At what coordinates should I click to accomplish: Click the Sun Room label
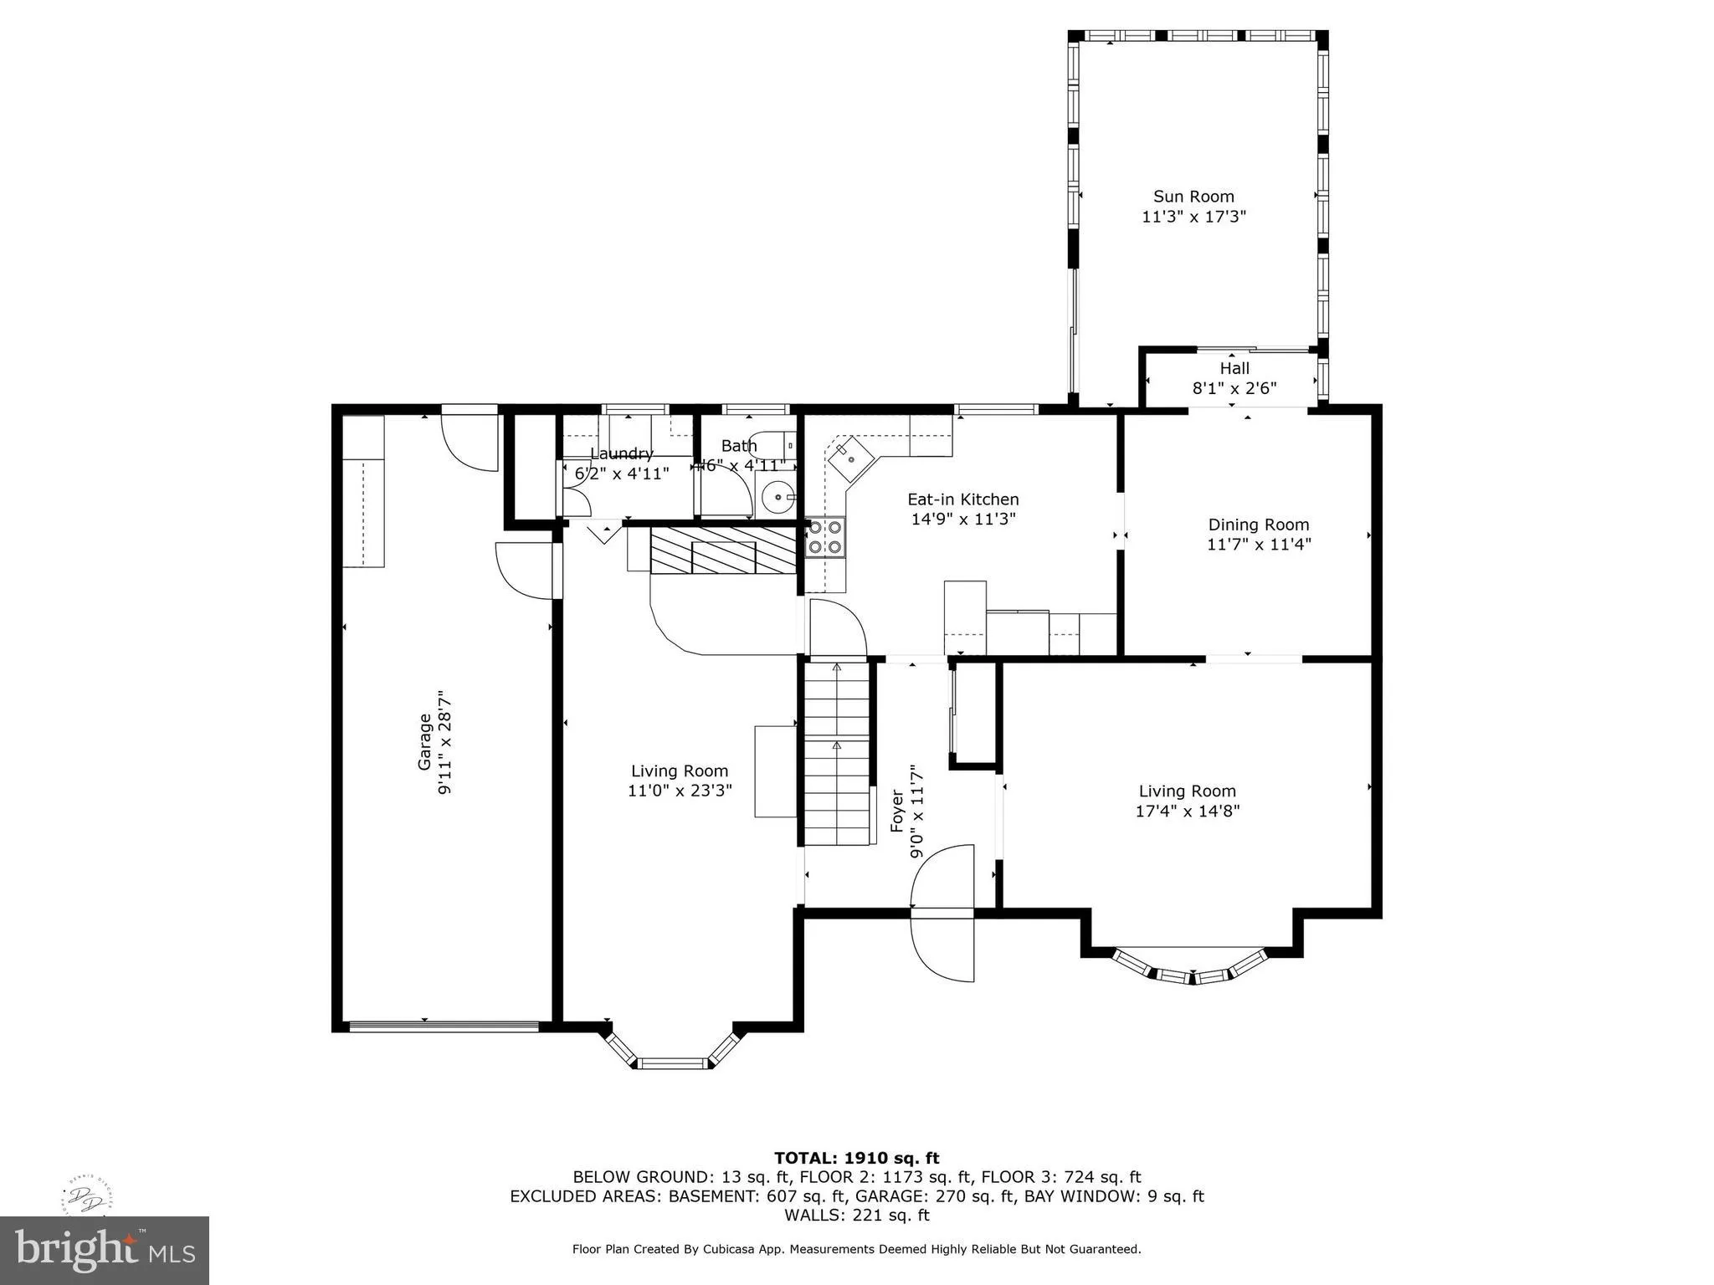click(1193, 197)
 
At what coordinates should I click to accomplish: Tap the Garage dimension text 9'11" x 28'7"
click(445, 742)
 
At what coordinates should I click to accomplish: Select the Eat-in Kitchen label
click(963, 499)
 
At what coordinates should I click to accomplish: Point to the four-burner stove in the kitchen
click(825, 537)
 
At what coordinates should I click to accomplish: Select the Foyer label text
click(897, 811)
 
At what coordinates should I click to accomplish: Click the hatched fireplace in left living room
click(723, 550)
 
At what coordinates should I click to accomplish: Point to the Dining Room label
click(1258, 525)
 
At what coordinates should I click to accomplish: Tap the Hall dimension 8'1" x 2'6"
click(1234, 388)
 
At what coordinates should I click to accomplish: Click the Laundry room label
click(621, 453)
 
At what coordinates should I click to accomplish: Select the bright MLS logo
click(105, 1250)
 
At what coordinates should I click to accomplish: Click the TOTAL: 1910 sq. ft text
click(856, 1158)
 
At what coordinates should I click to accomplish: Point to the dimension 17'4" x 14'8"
click(1187, 811)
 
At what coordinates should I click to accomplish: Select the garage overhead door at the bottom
click(444, 1026)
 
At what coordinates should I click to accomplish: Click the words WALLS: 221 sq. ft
click(856, 1215)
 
